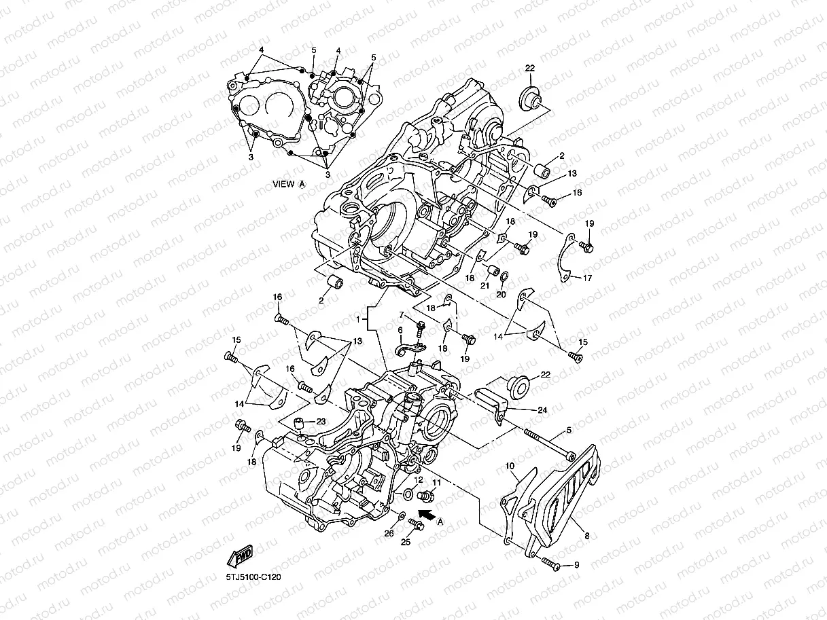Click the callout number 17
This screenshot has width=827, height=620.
pos(587,278)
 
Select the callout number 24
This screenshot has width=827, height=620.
pos(542,410)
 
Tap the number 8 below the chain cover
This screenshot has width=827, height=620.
pos(587,536)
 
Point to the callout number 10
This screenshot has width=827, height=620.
pos(511,467)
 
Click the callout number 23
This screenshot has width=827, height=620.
pos(320,421)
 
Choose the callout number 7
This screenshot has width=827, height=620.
pos(402,314)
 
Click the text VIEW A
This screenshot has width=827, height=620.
pos(289,183)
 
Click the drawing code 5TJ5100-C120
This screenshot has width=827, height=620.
pos(253,577)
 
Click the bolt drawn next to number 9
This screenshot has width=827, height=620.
pos(550,562)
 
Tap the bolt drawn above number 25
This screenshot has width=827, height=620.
pos(415,524)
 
